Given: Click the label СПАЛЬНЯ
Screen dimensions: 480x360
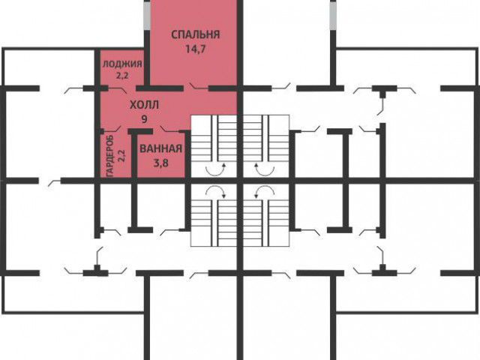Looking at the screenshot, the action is [196, 34].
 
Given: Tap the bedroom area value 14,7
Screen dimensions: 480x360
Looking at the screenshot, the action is [195, 49].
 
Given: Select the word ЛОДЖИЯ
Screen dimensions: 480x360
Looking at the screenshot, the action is [122, 64].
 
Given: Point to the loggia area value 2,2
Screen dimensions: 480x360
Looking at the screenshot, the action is [122, 75].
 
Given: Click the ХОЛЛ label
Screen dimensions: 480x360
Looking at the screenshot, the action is [145, 105].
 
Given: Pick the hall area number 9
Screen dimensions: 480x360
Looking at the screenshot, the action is [144, 118].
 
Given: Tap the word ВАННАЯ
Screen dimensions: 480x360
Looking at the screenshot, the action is [161, 148].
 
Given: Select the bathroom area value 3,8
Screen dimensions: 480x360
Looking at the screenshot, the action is [161, 163].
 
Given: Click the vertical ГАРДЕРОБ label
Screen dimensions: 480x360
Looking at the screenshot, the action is [110, 155].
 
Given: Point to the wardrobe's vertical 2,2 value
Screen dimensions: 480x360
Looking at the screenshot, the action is [121, 155].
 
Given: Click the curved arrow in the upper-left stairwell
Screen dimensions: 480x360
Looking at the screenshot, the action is [215, 170].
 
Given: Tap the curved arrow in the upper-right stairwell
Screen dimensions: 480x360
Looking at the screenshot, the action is [265, 170].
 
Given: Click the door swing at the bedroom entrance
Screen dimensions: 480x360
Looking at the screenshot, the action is [199, 87].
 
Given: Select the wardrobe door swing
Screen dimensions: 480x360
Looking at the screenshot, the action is [112, 128].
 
